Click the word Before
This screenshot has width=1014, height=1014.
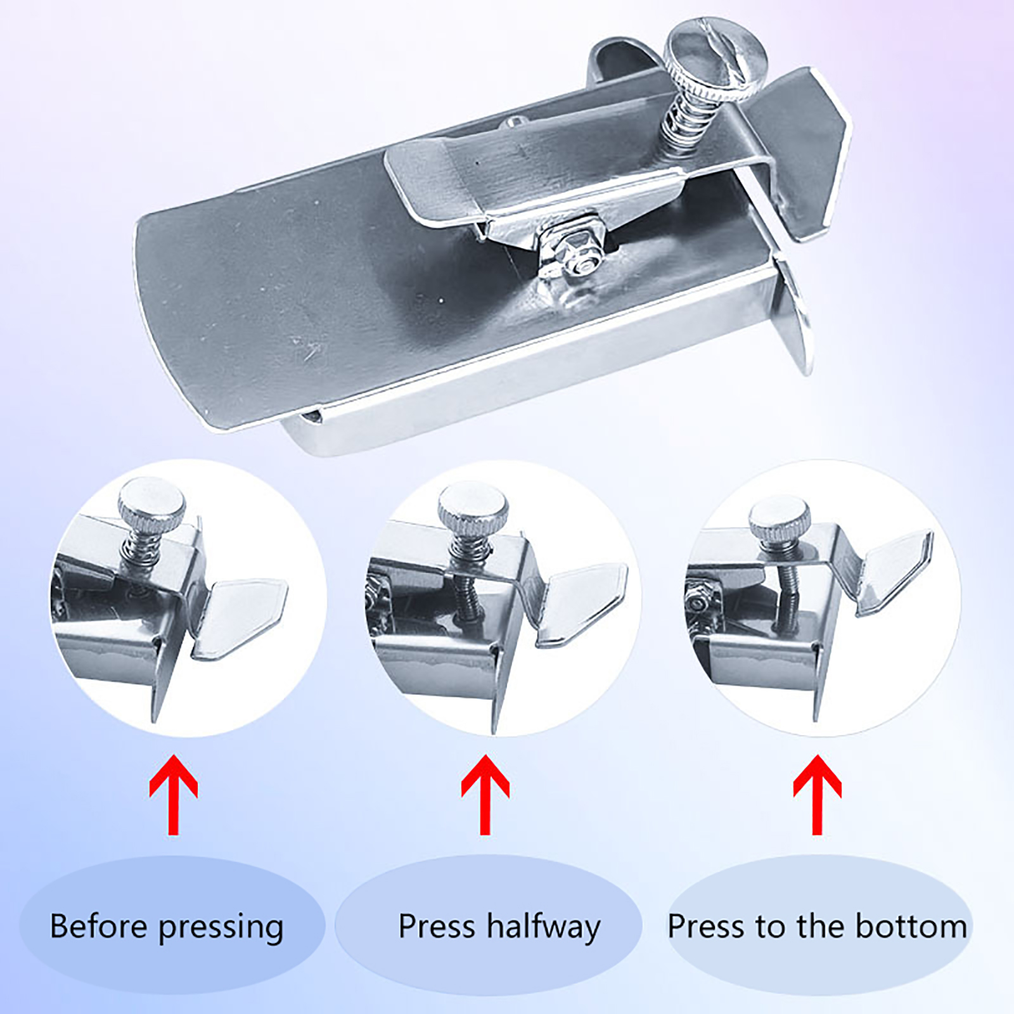99,926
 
